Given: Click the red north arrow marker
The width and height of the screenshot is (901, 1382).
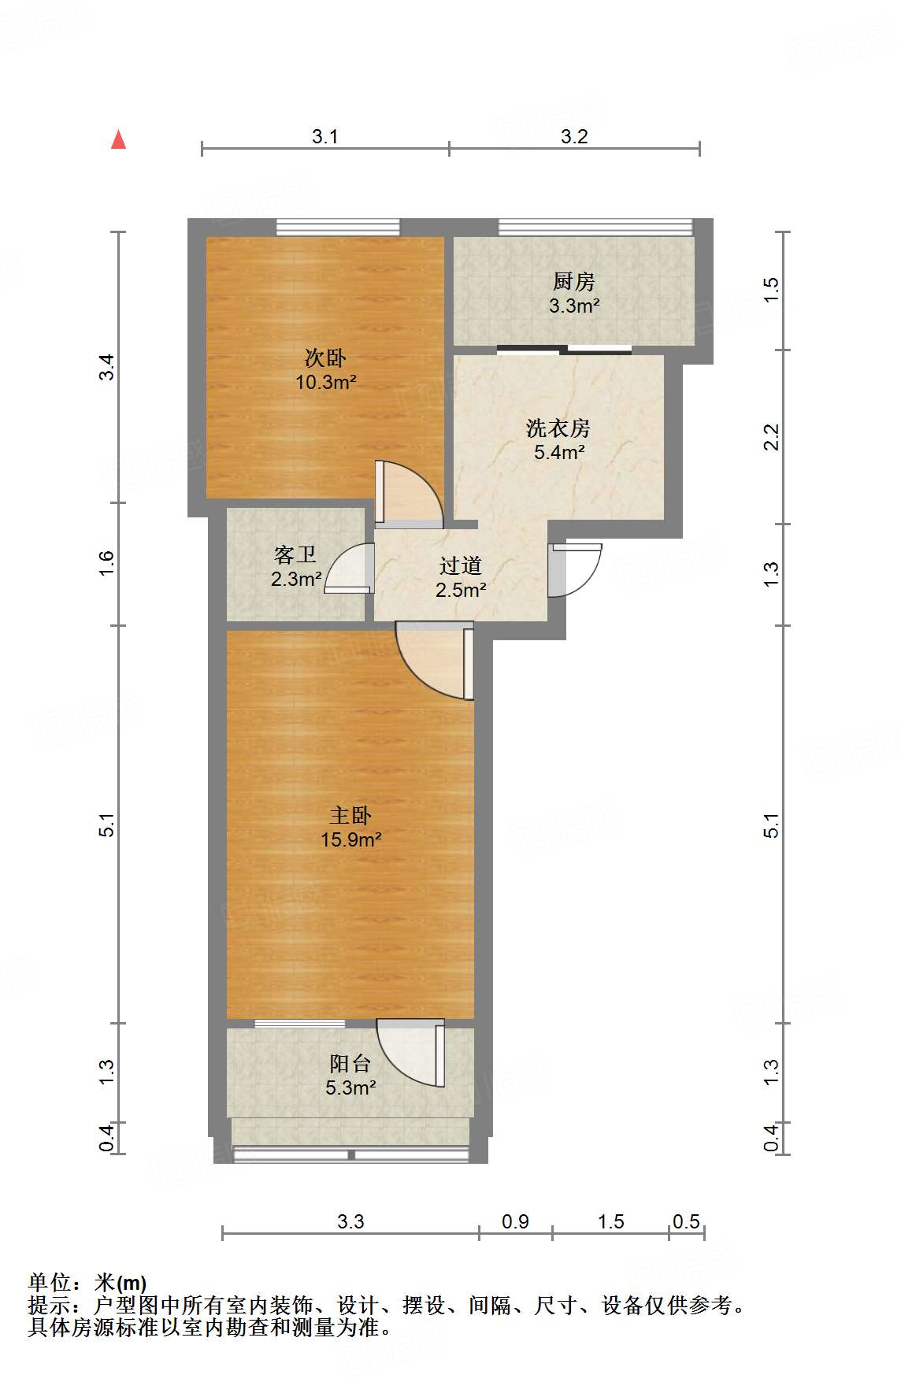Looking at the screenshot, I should tap(118, 140).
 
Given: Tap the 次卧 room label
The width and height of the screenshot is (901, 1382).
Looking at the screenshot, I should tap(325, 358).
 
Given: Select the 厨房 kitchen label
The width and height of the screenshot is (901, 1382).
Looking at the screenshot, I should tap(573, 281).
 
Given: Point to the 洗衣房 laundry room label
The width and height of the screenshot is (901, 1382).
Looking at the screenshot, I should tap(558, 428).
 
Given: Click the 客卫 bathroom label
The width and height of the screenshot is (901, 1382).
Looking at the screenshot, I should tap(295, 555).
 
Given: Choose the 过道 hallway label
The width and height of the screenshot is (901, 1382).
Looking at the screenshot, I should tap(460, 565).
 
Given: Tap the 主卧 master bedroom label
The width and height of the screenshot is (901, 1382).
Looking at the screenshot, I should tap(350, 816).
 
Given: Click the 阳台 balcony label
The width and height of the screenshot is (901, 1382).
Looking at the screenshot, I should tap(350, 1064).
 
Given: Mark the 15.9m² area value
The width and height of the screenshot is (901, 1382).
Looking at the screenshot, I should tap(350, 839).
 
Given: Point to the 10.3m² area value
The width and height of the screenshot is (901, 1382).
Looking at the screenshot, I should tap(325, 383).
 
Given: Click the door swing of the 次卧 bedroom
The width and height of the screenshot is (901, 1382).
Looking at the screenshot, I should tap(408, 494).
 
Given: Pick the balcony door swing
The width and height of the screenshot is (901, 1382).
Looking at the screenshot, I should tap(410, 1052).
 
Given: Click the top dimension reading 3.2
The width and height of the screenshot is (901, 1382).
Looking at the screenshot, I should tap(574, 137).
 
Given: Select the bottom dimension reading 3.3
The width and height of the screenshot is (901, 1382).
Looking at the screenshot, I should tap(350, 1221).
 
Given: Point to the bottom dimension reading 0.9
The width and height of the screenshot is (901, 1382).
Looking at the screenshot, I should tap(515, 1221).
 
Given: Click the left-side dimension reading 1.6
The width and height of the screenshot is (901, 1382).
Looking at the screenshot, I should tap(107, 563).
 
